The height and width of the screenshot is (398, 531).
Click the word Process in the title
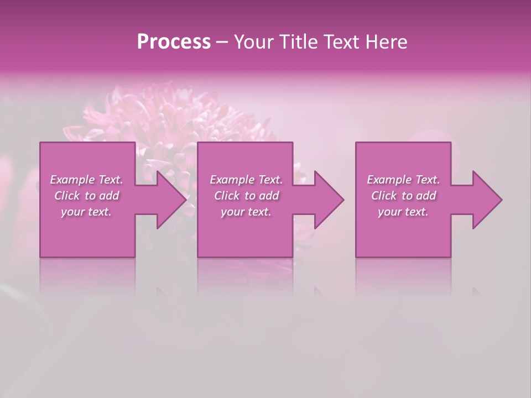pos(174,42)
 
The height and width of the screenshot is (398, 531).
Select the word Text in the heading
pos(342,42)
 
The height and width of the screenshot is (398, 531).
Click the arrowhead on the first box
pos(169,200)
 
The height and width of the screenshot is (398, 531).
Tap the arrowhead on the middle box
pos(327,200)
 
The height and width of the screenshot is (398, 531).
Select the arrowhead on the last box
pos(486,200)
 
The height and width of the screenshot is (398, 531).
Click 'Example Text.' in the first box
pos(87,180)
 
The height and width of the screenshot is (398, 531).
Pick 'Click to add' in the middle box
pos(246,196)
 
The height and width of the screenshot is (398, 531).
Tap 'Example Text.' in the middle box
pos(246,180)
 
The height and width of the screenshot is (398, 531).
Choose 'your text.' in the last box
pos(403,212)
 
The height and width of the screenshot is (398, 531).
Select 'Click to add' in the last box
pos(403,196)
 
